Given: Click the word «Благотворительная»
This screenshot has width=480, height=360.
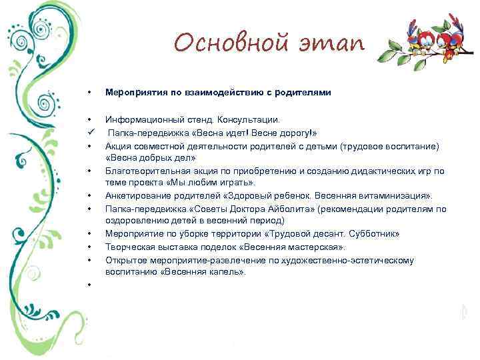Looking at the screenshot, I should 141,170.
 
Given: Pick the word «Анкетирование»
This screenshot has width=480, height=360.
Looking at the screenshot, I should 137,195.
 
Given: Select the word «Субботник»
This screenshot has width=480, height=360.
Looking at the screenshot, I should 377,235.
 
